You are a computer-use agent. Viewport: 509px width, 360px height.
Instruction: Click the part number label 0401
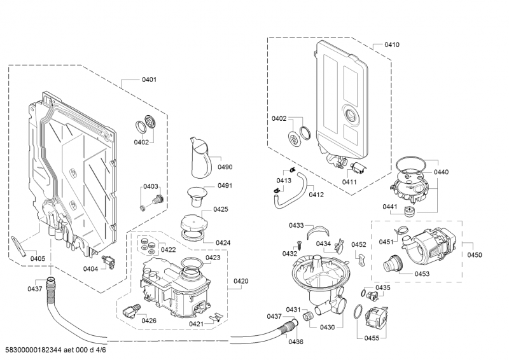(150, 80)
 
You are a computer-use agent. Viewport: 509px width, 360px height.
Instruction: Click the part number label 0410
(392, 45)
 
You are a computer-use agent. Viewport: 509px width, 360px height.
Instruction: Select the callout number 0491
(225, 186)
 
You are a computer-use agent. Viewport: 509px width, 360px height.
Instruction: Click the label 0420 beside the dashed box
(241, 281)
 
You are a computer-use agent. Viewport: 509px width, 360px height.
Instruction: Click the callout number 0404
(90, 269)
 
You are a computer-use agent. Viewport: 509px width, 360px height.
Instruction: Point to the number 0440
(441, 172)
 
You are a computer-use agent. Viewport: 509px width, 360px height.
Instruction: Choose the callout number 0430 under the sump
(327, 327)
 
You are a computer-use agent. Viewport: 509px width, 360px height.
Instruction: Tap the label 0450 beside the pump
(474, 254)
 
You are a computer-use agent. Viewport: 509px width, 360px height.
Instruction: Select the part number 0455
(372, 338)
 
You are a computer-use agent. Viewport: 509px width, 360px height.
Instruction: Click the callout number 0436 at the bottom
(296, 342)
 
